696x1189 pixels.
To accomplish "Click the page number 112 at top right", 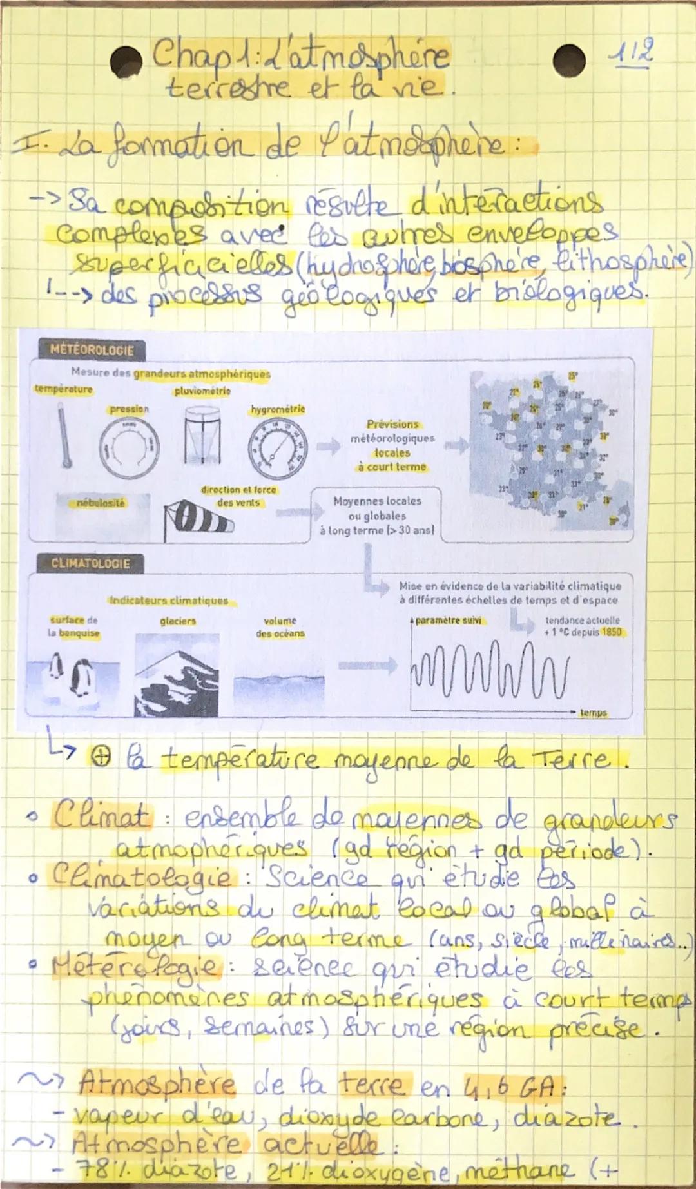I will [x=632, y=50].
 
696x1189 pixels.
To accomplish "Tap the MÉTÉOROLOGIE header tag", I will [x=92, y=351].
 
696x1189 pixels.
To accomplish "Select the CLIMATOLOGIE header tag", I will [x=90, y=564].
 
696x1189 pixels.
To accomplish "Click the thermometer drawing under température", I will [x=64, y=435].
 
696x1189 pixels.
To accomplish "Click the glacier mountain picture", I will [x=177, y=675].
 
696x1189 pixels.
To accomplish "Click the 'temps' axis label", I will [x=593, y=713].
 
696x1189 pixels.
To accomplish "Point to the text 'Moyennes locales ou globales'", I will [x=377, y=508].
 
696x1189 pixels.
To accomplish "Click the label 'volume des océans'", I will [x=280, y=627].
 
